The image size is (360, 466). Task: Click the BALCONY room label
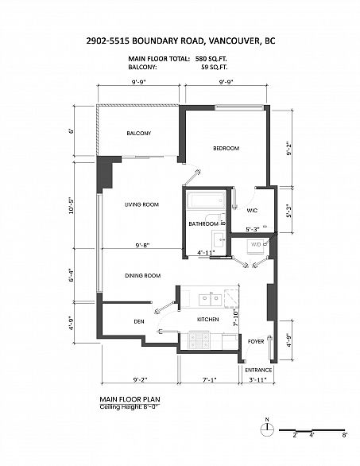138,133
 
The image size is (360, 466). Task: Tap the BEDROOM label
226,149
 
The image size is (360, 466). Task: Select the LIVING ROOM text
141,204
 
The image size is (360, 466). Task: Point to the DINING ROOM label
142,275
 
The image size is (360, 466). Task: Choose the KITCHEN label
207,319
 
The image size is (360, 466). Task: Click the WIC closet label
253,210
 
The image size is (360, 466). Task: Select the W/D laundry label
256,244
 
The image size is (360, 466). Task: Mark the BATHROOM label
203,224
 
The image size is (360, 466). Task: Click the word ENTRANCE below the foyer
258,371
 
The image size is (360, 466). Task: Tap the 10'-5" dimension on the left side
71,206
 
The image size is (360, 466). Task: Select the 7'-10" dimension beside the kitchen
236,319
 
